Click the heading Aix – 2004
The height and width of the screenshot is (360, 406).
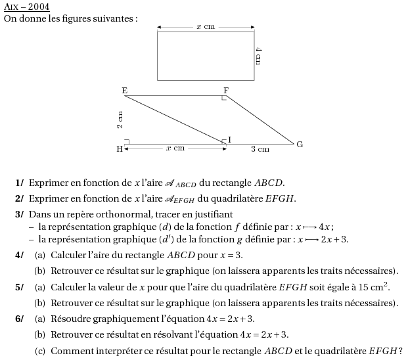27,7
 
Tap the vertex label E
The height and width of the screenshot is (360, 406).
125,90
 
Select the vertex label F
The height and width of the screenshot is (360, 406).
226,90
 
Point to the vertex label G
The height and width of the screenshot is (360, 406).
300,144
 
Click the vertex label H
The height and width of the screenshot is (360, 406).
120,149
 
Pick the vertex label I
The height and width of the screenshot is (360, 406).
229,139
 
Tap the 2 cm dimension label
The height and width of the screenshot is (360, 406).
120,120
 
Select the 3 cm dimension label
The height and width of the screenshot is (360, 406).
260,149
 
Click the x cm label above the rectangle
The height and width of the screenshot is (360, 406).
206,26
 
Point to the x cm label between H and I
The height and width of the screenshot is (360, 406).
175,148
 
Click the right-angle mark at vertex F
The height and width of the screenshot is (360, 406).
225,98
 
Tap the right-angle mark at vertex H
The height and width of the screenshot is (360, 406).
126,141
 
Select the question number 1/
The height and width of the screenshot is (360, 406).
19,183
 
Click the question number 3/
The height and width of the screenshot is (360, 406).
19,214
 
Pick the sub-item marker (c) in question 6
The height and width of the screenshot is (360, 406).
40,351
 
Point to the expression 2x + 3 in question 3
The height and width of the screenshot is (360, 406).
334,239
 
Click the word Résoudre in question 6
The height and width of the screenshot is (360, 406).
69,319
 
